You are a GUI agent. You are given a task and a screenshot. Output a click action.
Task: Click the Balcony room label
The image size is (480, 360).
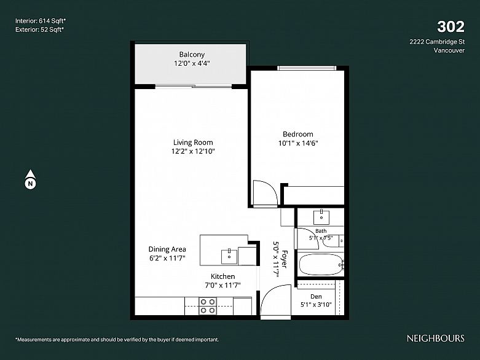[192, 55]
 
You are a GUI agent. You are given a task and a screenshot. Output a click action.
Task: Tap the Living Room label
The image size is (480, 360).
[193, 143]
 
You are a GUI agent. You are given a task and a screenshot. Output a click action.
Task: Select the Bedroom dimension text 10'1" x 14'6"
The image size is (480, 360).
[298, 143]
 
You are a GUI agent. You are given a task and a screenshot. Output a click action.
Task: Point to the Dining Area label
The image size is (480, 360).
[167, 249]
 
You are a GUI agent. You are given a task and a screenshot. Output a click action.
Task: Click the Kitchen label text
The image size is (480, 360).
[223, 276]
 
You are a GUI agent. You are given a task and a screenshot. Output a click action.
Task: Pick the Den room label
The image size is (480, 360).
[316, 296]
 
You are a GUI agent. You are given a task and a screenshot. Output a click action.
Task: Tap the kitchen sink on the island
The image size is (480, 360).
[229, 256]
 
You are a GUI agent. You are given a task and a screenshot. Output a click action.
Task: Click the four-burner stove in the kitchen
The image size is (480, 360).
[208, 306]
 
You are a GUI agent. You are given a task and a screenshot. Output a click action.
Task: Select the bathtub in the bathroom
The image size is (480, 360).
[321, 264]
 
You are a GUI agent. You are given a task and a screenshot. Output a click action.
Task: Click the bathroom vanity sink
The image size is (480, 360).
[321, 217]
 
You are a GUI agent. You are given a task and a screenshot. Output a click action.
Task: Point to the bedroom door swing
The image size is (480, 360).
[265, 192]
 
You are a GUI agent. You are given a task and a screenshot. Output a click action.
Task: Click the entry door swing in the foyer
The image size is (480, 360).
[275, 300]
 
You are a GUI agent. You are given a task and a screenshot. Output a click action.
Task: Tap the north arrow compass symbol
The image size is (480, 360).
[30, 179]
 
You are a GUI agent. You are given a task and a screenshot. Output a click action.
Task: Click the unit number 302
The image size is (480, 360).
[450, 26]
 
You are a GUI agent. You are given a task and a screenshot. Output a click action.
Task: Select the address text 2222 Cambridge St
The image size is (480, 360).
[437, 42]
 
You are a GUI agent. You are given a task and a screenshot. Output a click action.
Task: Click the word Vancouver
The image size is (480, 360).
[449, 50]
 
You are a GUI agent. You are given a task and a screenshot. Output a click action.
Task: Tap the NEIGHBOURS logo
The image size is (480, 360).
[435, 338]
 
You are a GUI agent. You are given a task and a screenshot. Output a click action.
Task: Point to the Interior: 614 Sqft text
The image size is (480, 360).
[41, 21]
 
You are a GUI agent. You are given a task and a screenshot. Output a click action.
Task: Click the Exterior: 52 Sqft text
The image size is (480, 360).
[39, 29]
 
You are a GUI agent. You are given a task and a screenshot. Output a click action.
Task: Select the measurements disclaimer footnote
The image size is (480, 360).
[117, 340]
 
